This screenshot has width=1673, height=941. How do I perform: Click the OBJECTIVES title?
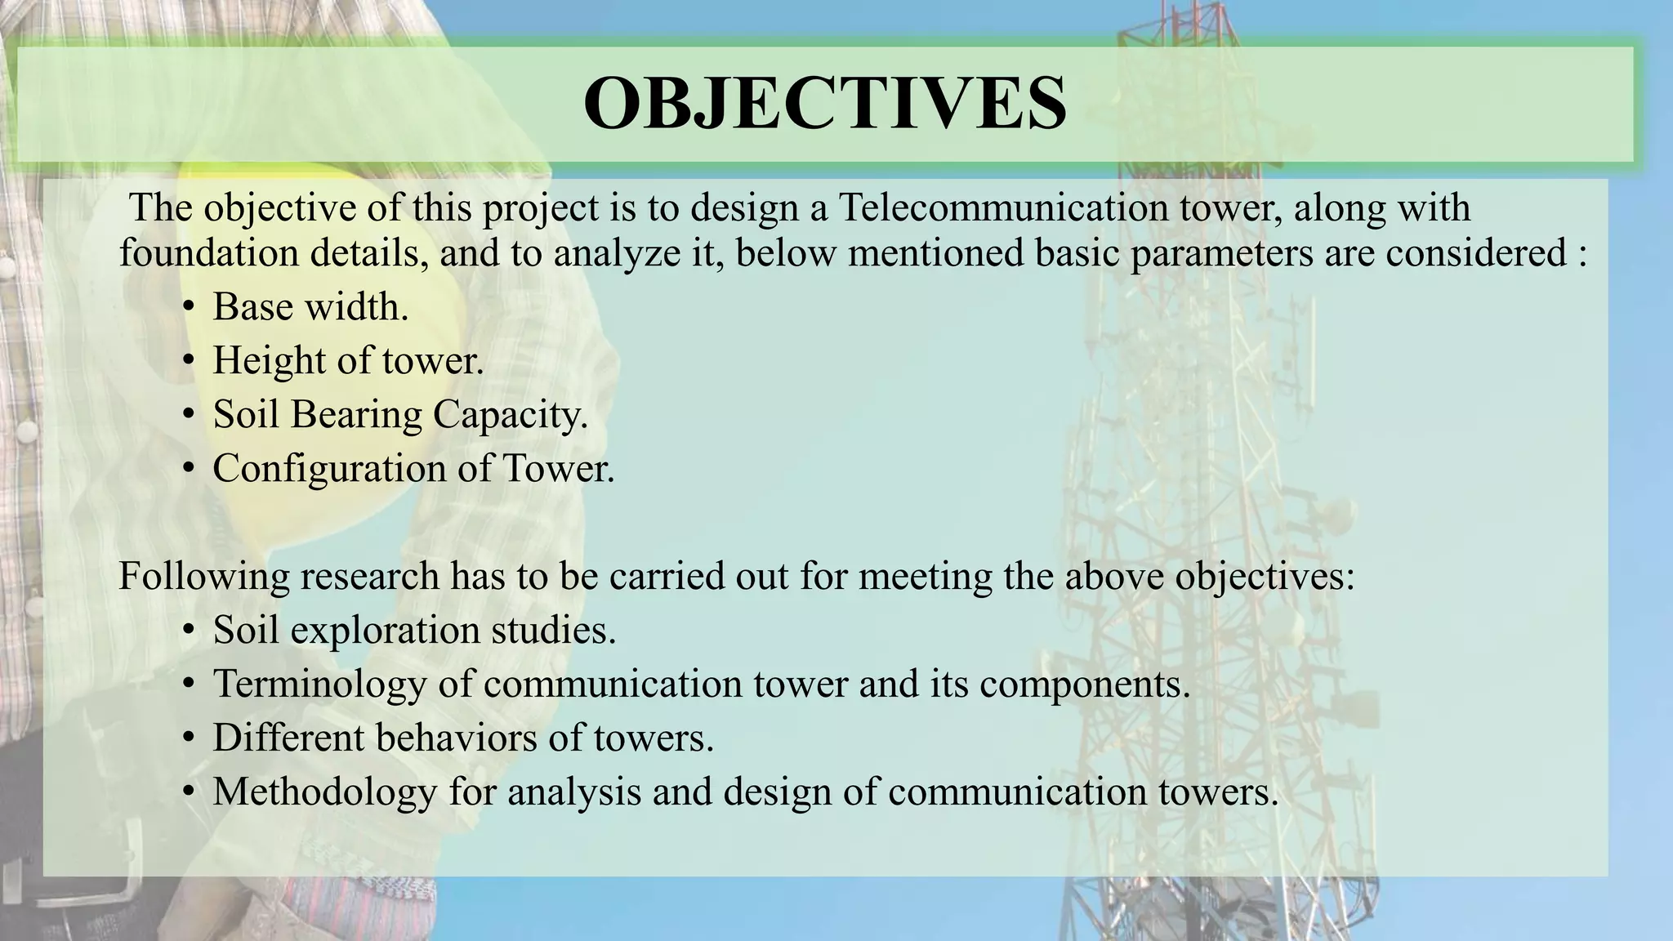point(825,104)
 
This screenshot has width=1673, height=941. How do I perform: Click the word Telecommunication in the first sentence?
point(1003,207)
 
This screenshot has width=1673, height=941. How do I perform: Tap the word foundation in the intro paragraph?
point(209,253)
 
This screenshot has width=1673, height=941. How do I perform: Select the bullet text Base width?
point(310,308)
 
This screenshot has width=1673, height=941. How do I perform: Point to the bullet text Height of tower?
point(348,361)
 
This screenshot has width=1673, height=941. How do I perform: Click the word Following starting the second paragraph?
point(204,577)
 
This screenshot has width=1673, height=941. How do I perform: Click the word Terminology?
point(319,685)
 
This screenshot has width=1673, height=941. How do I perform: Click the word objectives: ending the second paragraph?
point(1265,577)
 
